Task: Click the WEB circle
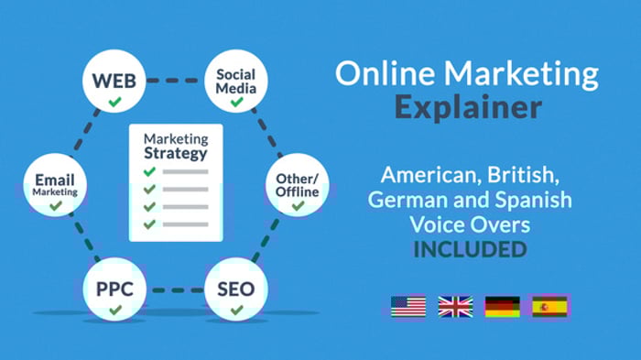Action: (x=114, y=83)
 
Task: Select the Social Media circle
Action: (x=235, y=83)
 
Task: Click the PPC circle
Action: (x=114, y=291)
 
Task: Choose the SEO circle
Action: (x=235, y=291)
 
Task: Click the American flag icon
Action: (x=407, y=306)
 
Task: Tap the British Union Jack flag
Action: (x=455, y=306)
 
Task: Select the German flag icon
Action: (x=502, y=306)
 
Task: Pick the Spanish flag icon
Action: (x=550, y=306)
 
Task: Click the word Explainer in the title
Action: (x=468, y=108)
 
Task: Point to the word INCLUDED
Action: (x=468, y=247)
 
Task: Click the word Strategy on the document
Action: (x=176, y=154)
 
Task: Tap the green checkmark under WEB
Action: (x=114, y=102)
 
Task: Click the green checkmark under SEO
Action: (x=236, y=311)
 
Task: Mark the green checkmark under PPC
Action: (x=114, y=311)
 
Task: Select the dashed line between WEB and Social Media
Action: (x=174, y=81)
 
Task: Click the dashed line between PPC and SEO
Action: (x=175, y=291)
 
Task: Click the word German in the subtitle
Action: (x=400, y=200)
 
